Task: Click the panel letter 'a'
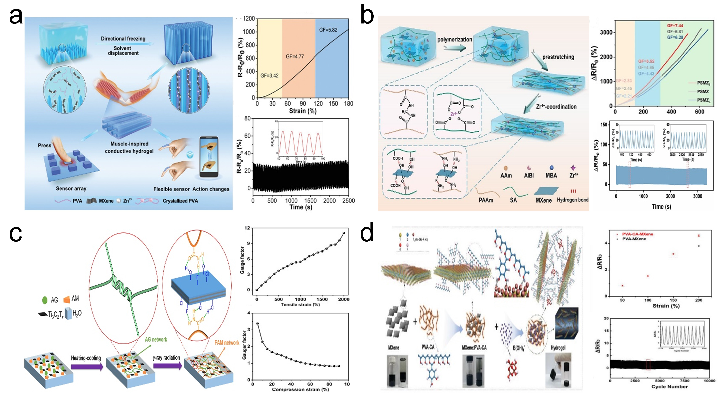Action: (x=16, y=16)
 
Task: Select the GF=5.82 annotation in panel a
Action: (x=328, y=30)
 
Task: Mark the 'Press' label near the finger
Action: (x=44, y=145)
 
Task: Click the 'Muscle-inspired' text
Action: (x=129, y=144)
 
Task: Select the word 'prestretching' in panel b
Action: (x=558, y=57)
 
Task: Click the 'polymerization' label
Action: (x=454, y=39)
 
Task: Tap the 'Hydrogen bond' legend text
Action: (x=573, y=200)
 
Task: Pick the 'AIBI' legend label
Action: (x=529, y=175)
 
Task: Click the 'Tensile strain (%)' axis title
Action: (x=300, y=304)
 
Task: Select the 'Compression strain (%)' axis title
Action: (x=300, y=389)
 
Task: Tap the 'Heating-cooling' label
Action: (x=86, y=358)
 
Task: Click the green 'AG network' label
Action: (x=156, y=340)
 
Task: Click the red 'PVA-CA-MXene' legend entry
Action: (x=637, y=234)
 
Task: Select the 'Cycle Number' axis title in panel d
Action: (x=669, y=387)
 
